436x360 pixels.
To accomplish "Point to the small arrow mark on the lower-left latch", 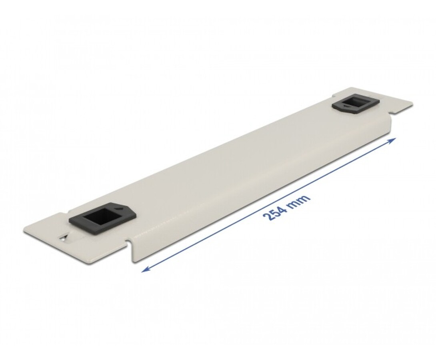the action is point(119,208).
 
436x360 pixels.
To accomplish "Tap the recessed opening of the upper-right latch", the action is point(358,102).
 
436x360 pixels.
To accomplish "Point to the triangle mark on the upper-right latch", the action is point(346,106).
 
